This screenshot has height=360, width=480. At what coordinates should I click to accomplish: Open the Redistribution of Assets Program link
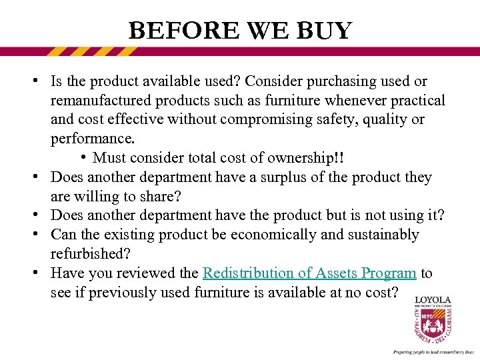309,273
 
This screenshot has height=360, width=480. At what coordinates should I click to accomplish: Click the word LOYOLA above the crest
433,299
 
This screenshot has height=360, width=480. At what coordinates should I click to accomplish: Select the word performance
92,139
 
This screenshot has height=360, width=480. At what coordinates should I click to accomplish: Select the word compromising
252,120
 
